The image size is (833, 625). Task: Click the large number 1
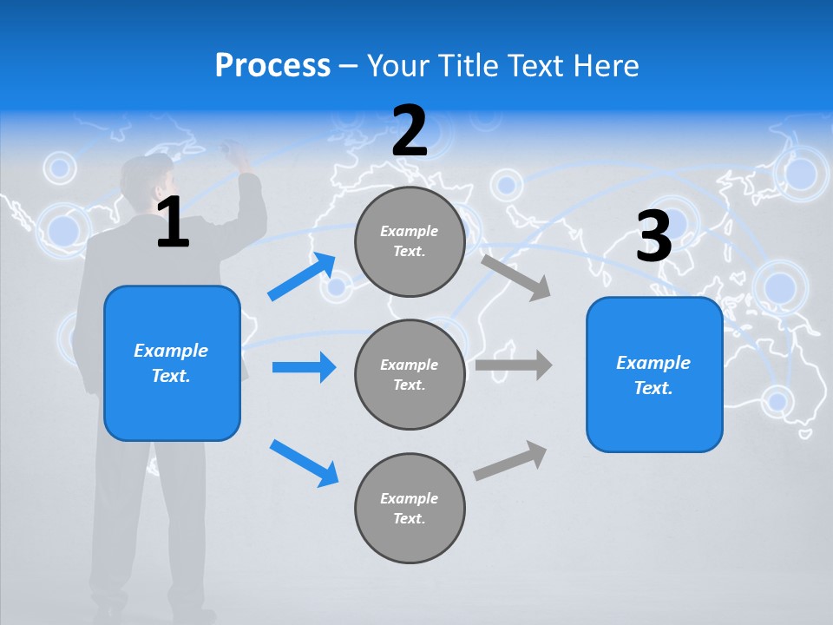[x=173, y=223]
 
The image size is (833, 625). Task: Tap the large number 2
[x=410, y=131]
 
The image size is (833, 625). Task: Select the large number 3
[x=653, y=237]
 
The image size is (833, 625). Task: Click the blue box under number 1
[x=172, y=363]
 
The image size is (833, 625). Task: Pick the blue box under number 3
[x=654, y=374]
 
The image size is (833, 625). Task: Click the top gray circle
[x=410, y=241]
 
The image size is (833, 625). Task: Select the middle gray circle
[x=410, y=374]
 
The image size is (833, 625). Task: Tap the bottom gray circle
[x=410, y=508]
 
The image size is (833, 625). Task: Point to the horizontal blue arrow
[x=304, y=367]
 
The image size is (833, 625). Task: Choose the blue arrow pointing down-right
[x=305, y=463]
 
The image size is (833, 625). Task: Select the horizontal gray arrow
[x=514, y=365]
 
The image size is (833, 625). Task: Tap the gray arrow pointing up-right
[x=510, y=460]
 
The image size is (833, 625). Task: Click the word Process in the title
[x=272, y=66]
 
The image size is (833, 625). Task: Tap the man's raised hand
[x=235, y=155]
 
